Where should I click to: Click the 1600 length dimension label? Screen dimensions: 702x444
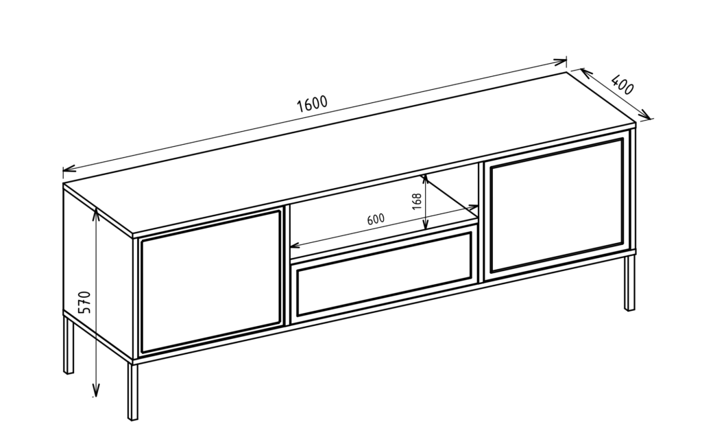tap(313, 104)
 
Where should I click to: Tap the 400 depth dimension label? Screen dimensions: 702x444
tap(622, 85)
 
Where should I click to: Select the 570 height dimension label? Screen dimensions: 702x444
tap(84, 303)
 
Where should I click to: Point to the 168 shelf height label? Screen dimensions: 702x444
tap(417, 202)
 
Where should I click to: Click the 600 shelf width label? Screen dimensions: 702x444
tap(376, 219)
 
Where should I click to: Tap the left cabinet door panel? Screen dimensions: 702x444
tap(210, 282)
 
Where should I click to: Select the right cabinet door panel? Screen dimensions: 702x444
tap(557, 206)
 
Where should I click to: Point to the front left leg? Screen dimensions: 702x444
tap(132, 390)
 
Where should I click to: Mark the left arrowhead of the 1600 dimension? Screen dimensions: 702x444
tap(69, 170)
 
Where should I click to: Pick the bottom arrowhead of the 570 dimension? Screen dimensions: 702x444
tap(95, 390)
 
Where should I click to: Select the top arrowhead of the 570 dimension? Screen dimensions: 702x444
tap(95, 213)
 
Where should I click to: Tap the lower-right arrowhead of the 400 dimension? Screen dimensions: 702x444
tap(644, 115)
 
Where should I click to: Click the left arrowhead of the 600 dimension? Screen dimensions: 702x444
tap(295, 245)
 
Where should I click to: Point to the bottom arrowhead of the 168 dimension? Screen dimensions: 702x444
tap(425, 224)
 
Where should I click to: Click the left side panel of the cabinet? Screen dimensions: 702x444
tap(99, 273)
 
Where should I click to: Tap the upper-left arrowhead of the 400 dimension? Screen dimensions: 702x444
tap(587, 73)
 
